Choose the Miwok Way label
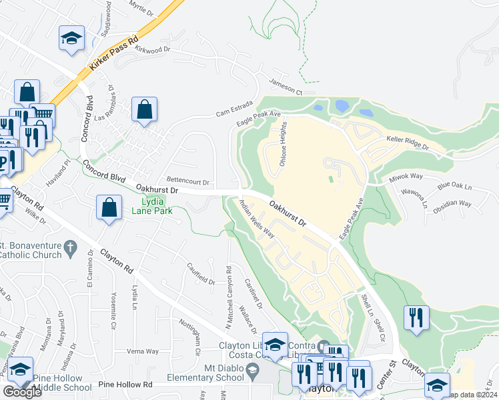coord(406,176)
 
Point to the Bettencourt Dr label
coord(188,181)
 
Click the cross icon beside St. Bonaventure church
coord(73,250)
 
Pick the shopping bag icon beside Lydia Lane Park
coord(109,207)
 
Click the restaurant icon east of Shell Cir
coord(416,317)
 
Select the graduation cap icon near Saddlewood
coord(71,37)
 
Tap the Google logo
coord(22,391)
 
